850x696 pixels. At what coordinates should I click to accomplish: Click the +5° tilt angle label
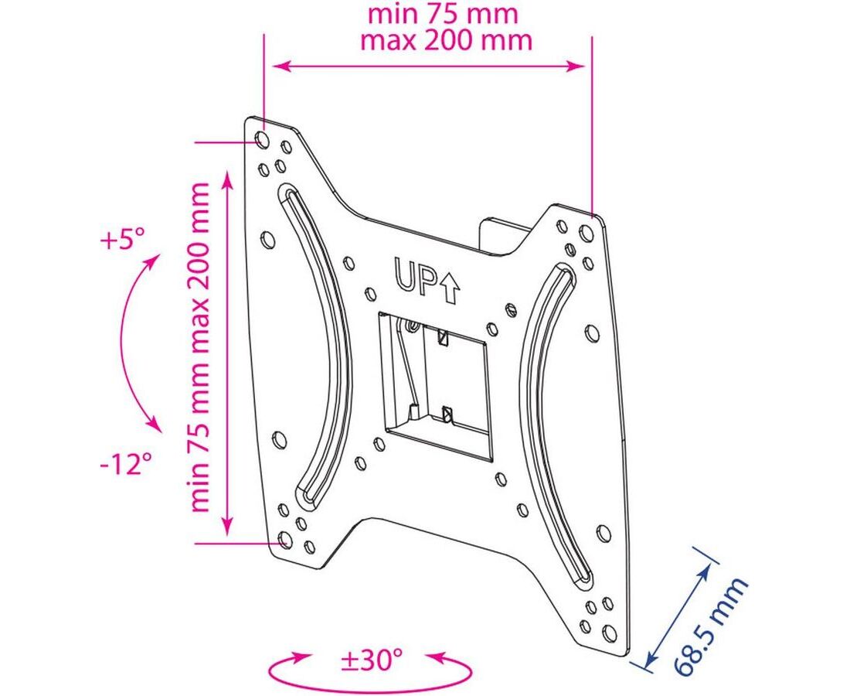pos(123,239)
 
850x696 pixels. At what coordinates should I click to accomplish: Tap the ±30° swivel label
pos(372,660)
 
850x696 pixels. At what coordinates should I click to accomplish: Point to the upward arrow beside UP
pos(450,287)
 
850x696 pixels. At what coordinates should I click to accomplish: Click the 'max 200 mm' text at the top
pos(446,41)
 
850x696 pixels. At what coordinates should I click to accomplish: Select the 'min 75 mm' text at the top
pos(444,14)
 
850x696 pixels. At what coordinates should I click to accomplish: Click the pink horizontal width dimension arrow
pos(428,67)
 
